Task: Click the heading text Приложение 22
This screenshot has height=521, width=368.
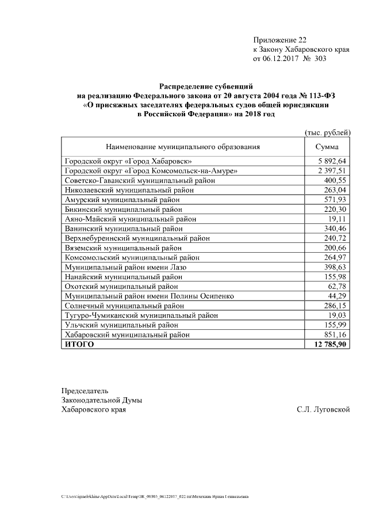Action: (280, 40)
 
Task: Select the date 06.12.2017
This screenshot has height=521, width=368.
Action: (282, 59)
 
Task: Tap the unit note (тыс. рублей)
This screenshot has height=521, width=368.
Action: (327, 132)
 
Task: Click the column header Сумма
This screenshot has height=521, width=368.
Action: (327, 147)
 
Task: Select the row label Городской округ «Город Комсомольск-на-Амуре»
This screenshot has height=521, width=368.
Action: (151, 171)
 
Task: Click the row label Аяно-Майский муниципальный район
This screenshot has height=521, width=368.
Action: (131, 219)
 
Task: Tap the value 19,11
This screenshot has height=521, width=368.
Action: (338, 219)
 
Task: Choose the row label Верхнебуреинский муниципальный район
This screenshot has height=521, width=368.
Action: (137, 238)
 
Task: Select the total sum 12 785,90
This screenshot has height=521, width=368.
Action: (329, 344)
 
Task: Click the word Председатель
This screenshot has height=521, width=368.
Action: (85, 390)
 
